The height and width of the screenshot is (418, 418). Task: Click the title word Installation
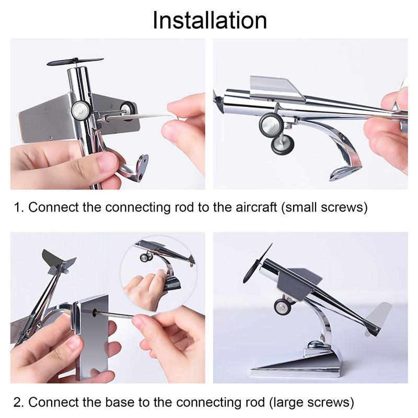pos(210,20)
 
